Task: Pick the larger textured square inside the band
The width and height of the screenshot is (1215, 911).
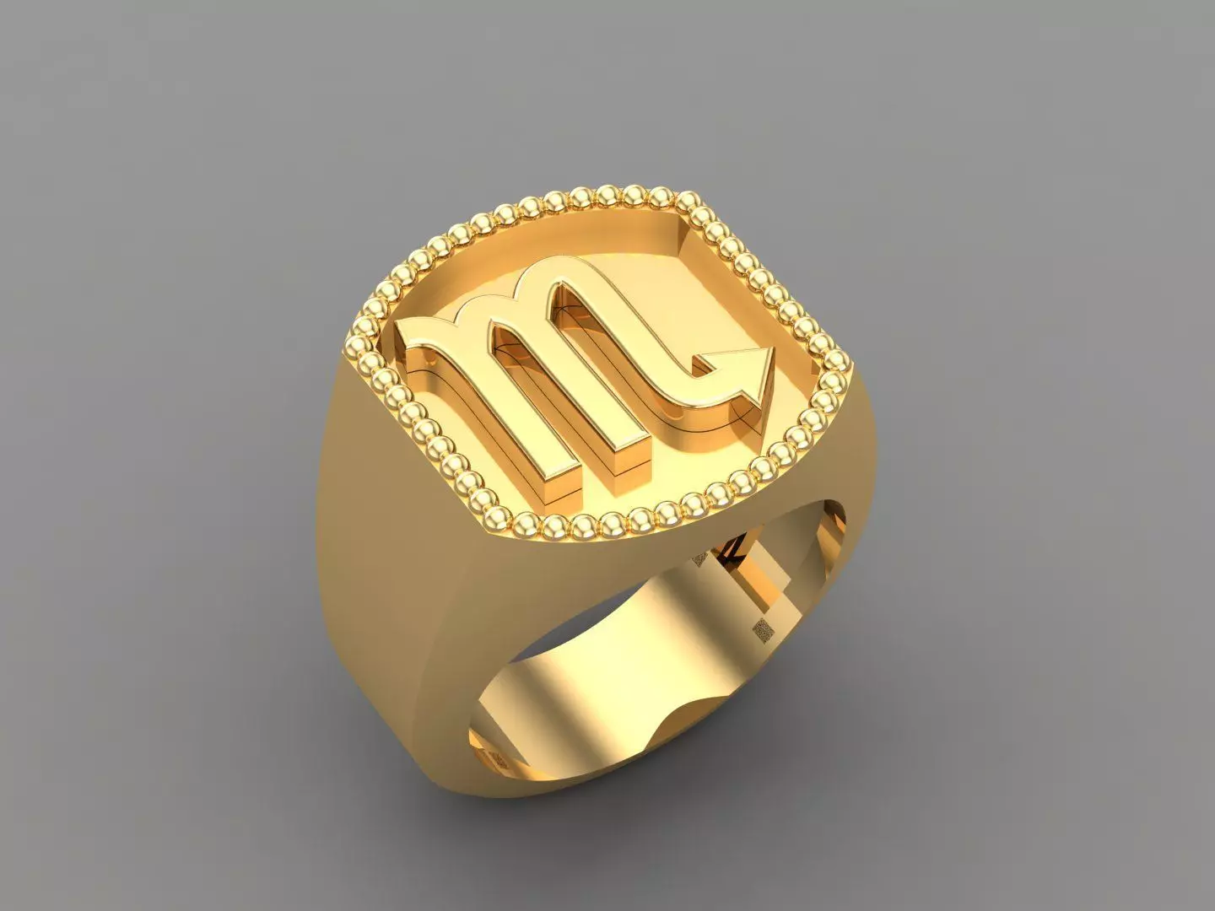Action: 763,628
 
